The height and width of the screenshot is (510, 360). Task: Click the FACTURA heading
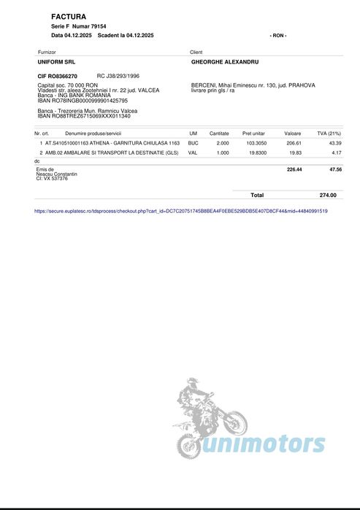[x=69, y=16]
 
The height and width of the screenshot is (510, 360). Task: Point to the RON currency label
[x=278, y=35]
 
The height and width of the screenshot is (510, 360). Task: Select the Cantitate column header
[x=219, y=134]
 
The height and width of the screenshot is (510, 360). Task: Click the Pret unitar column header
[x=255, y=134]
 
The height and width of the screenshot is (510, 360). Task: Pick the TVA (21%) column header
[x=329, y=134]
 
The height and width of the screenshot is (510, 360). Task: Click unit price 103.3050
[x=256, y=144]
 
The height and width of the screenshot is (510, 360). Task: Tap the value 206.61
[x=293, y=144]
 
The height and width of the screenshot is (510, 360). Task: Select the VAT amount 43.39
[x=334, y=144]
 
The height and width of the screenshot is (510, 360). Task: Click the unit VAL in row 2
[x=193, y=153]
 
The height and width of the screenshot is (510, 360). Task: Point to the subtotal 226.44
[x=294, y=169]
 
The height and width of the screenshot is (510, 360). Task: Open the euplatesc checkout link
[x=181, y=211]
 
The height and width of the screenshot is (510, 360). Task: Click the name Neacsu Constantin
[x=57, y=174]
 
